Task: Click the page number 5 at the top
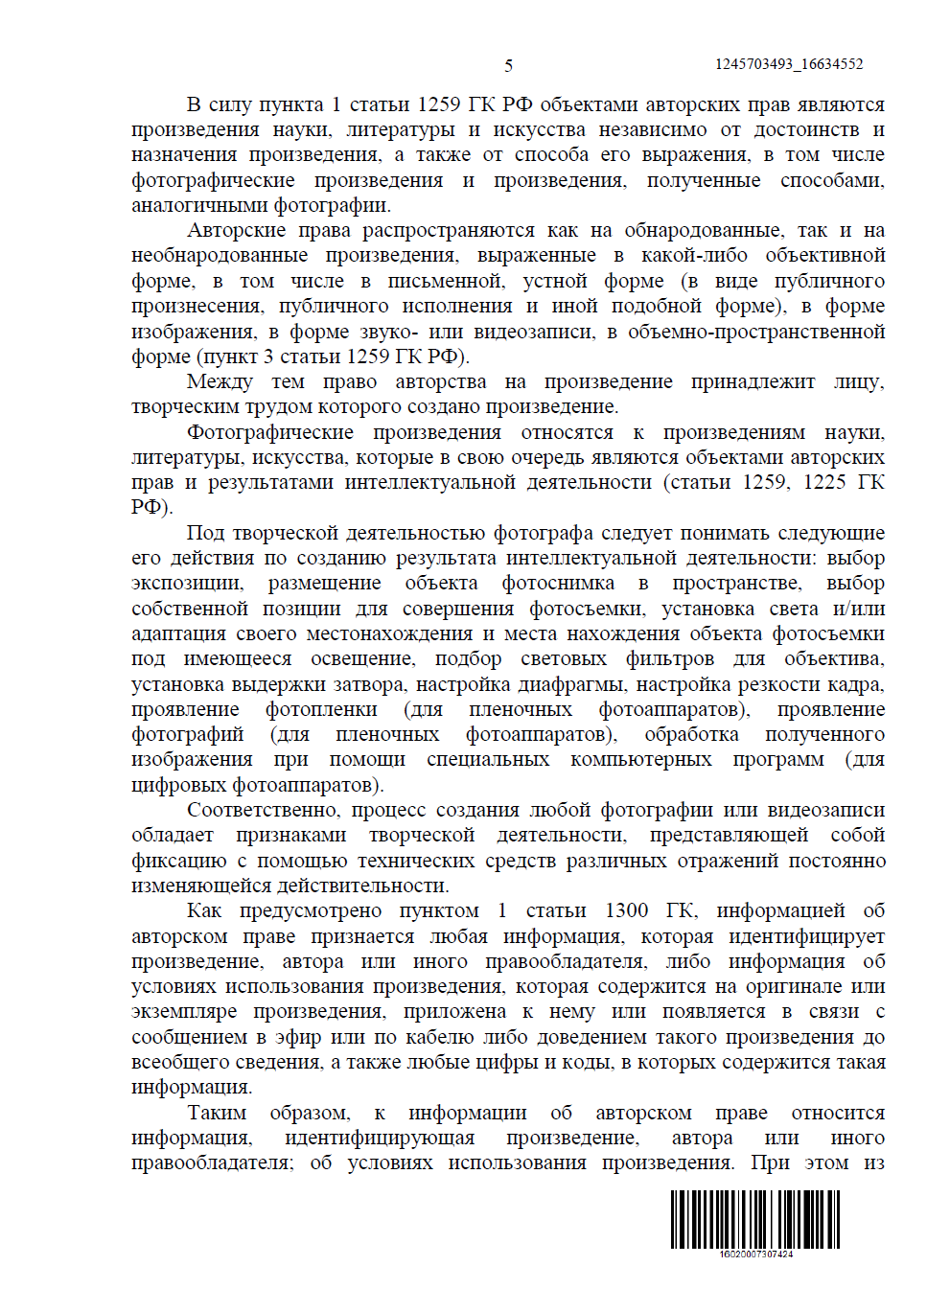pos(508,65)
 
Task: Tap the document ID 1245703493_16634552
pos(788,64)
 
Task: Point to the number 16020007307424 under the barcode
pos(755,1254)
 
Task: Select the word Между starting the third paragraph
pos(220,381)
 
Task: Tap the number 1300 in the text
pos(626,910)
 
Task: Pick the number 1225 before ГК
pos(824,482)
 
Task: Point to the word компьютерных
pos(640,759)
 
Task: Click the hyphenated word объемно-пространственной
pos(756,332)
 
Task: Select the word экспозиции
pos(187,583)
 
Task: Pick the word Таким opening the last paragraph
pos(217,1113)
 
